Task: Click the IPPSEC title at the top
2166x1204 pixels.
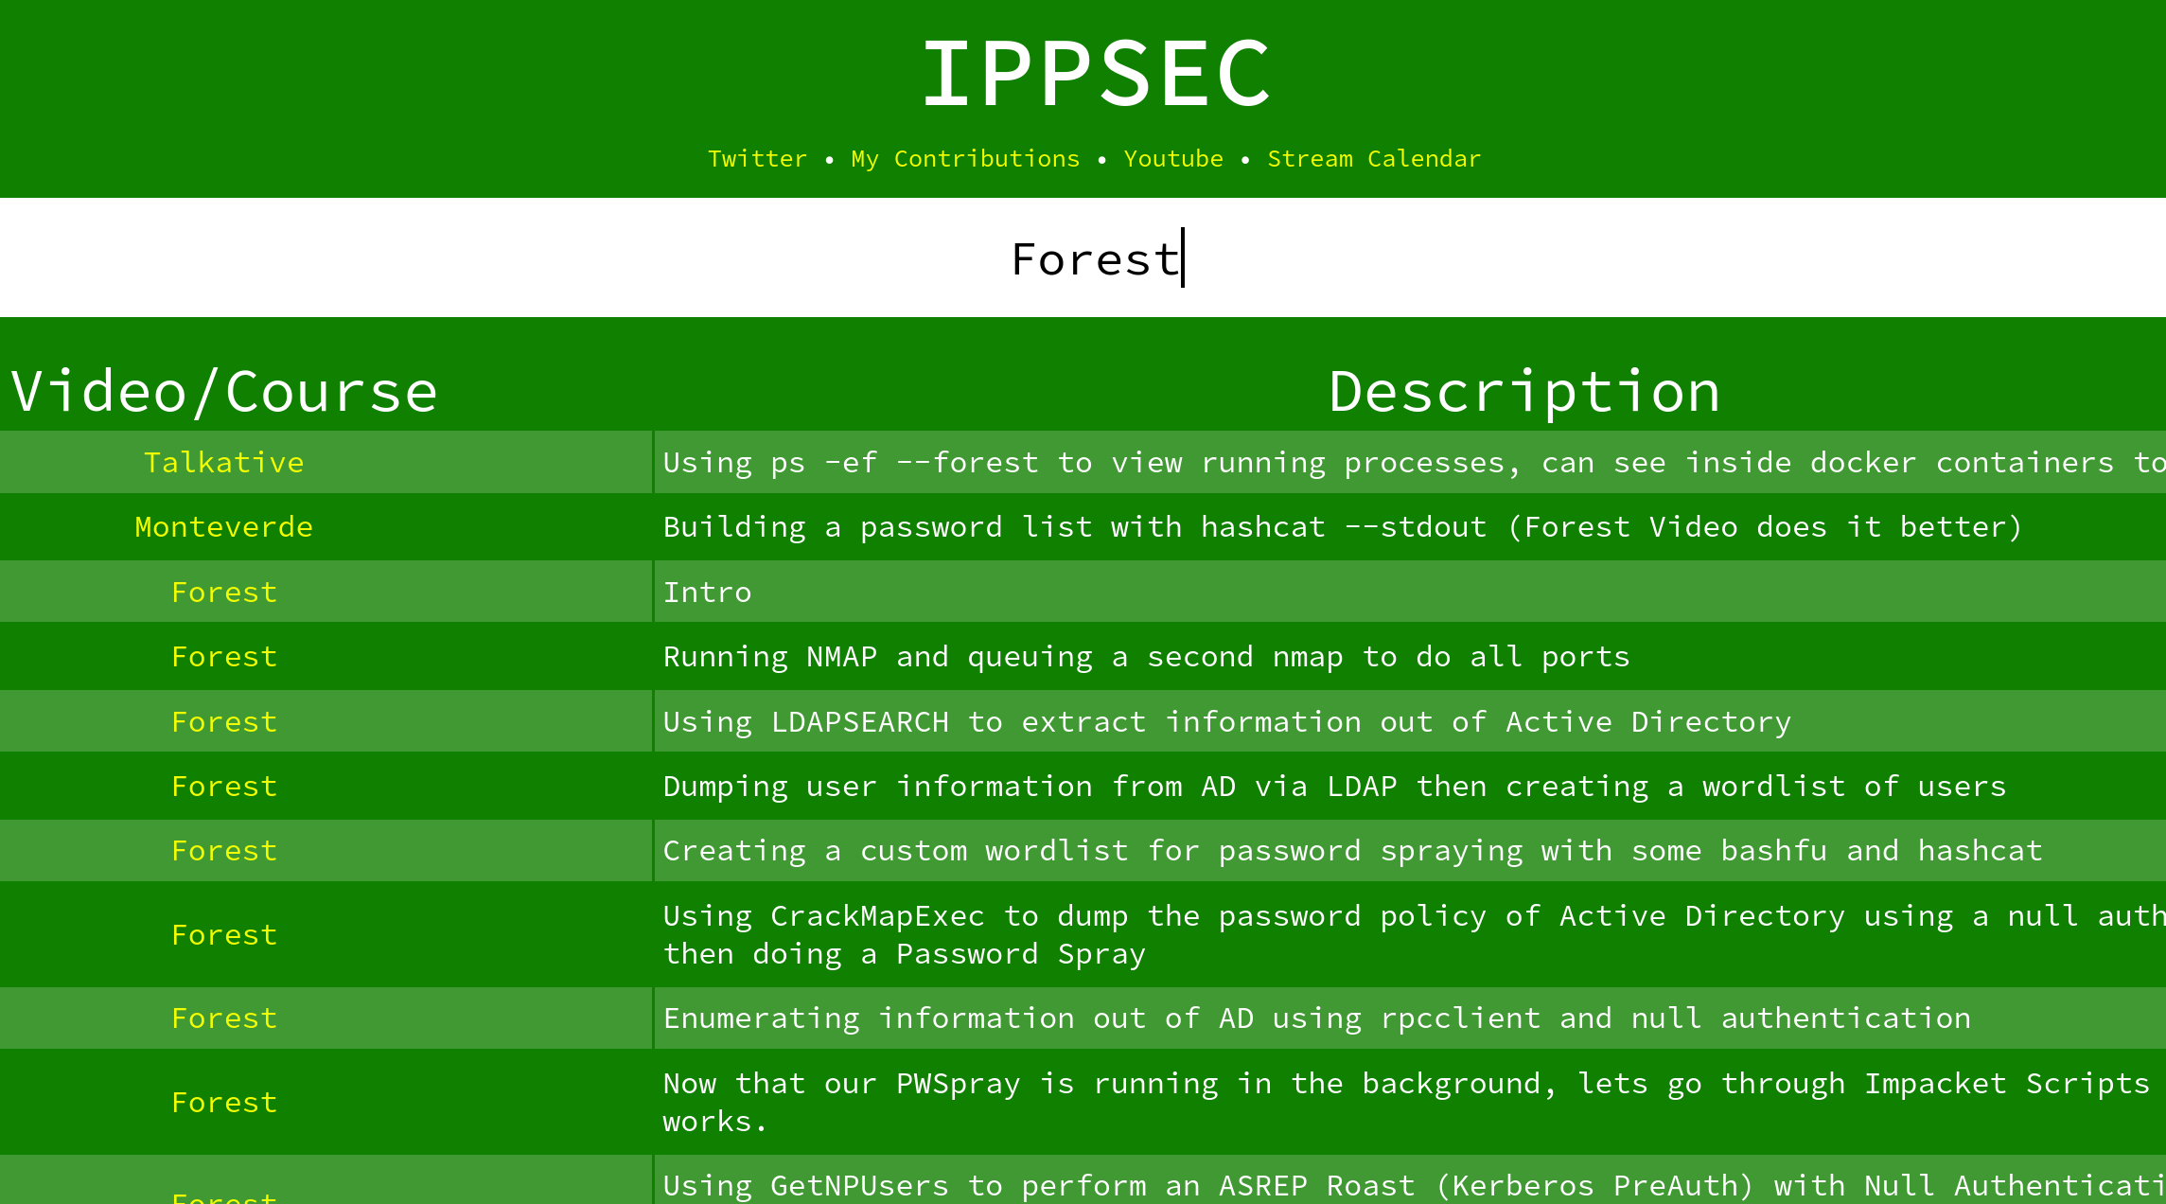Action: click(1096, 73)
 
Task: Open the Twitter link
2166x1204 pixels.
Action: click(757, 159)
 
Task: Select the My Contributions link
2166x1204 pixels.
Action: click(965, 159)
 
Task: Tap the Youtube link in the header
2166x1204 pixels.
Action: click(1173, 159)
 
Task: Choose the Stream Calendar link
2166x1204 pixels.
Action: click(1374, 159)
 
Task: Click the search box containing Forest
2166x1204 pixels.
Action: click(1083, 258)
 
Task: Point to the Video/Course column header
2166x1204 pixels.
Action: click(224, 392)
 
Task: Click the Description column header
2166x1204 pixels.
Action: click(1524, 392)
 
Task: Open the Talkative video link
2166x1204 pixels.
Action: click(224, 463)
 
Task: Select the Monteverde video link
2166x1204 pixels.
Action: click(224, 527)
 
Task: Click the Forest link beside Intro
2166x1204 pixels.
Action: click(224, 593)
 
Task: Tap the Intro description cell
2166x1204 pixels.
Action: click(707, 593)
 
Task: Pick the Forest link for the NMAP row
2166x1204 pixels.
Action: click(224, 657)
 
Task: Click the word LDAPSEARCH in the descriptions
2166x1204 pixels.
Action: click(859, 722)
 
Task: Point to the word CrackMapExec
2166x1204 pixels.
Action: click(877, 916)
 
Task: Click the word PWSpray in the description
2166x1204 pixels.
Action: click(958, 1084)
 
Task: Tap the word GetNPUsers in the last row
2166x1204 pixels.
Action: click(859, 1186)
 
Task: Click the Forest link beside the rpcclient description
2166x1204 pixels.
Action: click(224, 1018)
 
